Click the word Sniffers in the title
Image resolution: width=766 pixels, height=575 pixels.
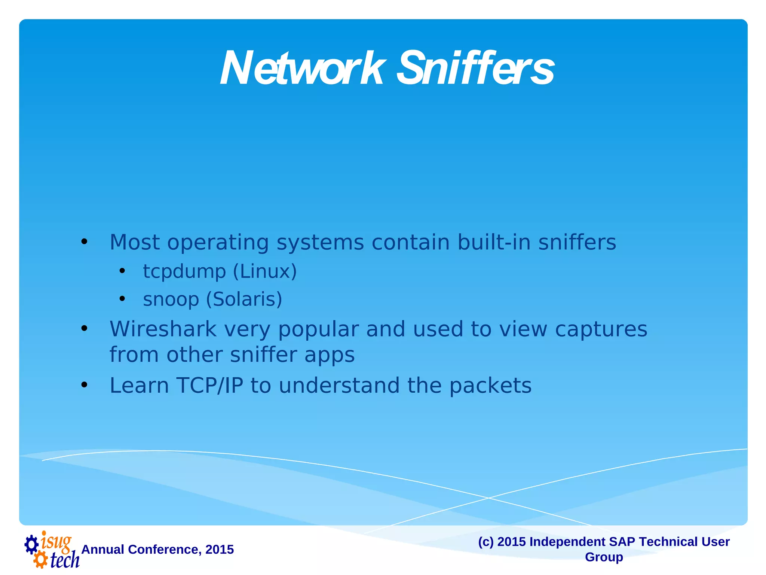(x=475, y=69)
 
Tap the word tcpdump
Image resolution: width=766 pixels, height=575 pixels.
(x=184, y=271)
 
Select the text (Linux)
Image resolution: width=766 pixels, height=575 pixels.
(x=265, y=271)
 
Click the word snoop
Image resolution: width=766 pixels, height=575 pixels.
(x=171, y=299)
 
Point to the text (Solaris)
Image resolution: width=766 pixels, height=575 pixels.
(x=244, y=299)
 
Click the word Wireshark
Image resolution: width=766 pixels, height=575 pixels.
(x=163, y=329)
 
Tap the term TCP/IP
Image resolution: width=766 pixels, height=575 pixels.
(x=210, y=386)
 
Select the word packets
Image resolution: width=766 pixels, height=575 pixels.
(x=490, y=386)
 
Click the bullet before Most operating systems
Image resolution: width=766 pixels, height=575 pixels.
(x=85, y=242)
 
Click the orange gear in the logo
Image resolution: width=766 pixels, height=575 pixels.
(x=40, y=560)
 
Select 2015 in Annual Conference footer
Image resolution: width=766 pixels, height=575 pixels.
(x=220, y=550)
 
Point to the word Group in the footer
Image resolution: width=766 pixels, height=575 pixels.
(x=604, y=557)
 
